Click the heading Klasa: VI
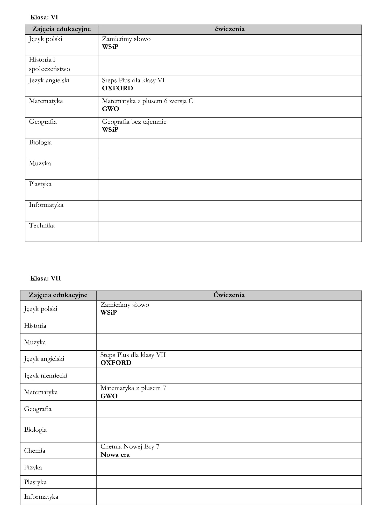[44, 17]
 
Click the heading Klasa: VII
[46, 278]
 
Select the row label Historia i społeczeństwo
[49, 64]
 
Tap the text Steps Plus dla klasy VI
[133, 80]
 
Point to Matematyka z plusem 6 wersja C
[147, 101]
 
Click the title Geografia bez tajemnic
[134, 122]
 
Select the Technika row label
[42, 225]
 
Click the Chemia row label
[34, 451]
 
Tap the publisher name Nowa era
[115, 455]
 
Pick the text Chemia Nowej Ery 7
[130, 446]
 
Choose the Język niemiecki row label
[45, 375]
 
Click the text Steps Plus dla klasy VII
[133, 355]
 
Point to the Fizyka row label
[33, 467]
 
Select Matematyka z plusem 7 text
[133, 388]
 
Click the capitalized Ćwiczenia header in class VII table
[229, 295]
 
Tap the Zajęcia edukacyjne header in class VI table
[61, 29]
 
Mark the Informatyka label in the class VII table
[41, 497]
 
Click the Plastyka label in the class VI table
[40, 184]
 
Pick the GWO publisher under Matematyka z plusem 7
[109, 396]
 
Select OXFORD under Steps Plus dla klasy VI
[117, 88]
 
